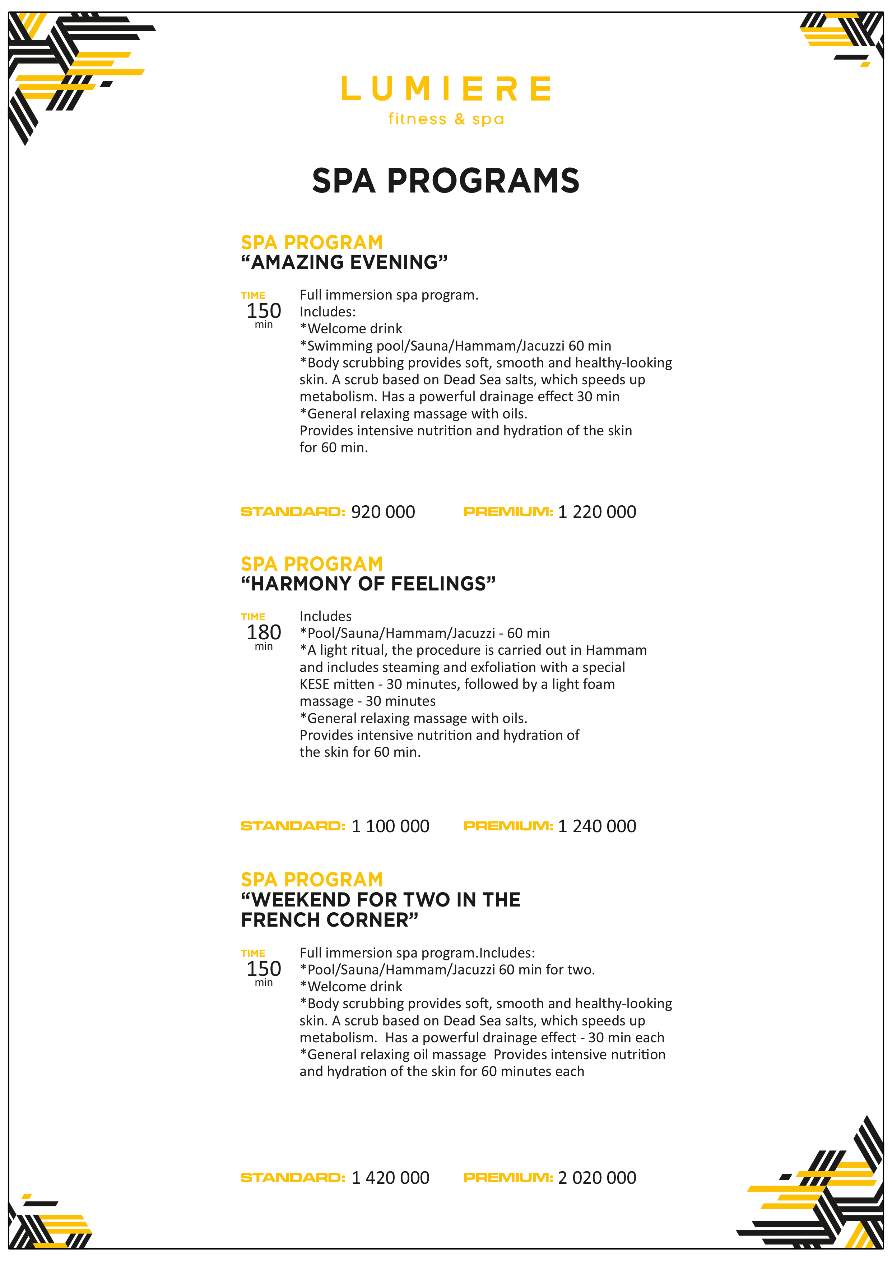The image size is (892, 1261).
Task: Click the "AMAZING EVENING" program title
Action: coord(344,263)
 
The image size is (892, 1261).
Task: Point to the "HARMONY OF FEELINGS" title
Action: coord(368,584)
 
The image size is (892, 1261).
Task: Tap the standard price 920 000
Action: coord(383,512)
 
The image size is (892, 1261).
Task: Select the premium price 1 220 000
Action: coord(597,512)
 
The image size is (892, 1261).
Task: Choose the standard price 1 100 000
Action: coord(390,826)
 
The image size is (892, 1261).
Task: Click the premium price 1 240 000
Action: coord(597,826)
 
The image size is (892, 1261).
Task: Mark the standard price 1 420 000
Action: coord(390,1178)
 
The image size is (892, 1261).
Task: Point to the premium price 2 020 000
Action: coord(597,1178)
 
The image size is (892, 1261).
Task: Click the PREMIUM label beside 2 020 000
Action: coord(508,1178)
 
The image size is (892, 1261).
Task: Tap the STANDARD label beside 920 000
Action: coord(293,512)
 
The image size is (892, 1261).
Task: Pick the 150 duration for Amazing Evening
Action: coord(264,311)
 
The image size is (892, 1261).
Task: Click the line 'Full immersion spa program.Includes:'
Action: coord(417,953)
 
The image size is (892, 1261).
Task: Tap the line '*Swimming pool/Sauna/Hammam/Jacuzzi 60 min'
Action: coord(455,346)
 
